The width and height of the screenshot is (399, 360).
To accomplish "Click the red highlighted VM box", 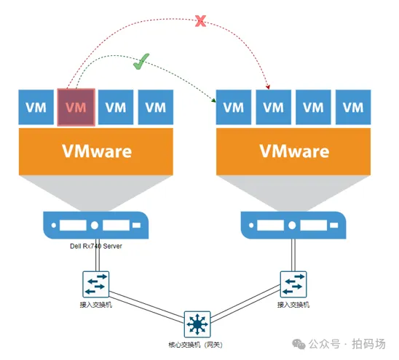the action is point(76,107).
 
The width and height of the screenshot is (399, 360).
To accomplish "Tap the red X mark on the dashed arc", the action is point(200,21).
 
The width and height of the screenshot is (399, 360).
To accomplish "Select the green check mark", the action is point(141,62).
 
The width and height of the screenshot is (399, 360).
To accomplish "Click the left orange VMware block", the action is point(96,151).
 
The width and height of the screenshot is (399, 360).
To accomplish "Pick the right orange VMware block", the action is point(293,151).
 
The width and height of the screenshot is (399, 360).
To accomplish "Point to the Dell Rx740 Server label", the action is point(96,246).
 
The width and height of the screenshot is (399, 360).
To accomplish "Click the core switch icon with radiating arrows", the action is point(197,324).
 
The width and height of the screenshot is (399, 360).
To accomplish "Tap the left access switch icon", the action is point(95,284).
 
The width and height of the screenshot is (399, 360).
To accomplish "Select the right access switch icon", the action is point(293,284).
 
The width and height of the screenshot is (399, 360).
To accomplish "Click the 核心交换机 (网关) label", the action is point(195,345).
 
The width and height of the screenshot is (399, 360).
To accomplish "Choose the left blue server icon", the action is point(95,225).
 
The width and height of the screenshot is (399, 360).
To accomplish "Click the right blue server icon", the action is point(293,225).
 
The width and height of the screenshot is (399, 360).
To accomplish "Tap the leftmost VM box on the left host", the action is point(36,107).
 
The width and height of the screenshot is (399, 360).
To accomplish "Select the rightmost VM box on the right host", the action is point(353,107).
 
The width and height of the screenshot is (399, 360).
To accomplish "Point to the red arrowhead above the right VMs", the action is point(268,87).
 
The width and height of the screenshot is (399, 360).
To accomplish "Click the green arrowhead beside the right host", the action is point(214,100).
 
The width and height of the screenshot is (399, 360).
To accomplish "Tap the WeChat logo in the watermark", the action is point(299,344).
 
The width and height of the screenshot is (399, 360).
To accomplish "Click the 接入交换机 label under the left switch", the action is point(95,304).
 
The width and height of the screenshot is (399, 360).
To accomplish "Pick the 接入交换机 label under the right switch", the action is point(293,304).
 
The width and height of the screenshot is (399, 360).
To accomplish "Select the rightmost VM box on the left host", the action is point(156,107).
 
